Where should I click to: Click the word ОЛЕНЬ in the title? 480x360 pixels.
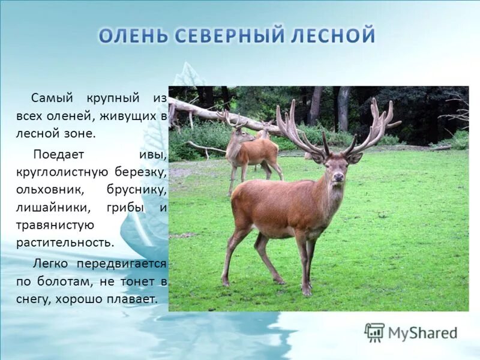pyautogui.click(x=134, y=35)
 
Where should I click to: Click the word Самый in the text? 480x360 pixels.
pyautogui.click(x=51, y=97)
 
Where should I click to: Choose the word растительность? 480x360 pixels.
pyautogui.click(x=65, y=243)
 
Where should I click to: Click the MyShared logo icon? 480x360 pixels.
pyautogui.click(x=374, y=332)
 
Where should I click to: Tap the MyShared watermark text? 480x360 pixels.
pyautogui.click(x=422, y=333)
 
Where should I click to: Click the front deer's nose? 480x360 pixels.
pyautogui.click(x=338, y=176)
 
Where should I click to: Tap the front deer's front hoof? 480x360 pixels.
pyautogui.click(x=307, y=292)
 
